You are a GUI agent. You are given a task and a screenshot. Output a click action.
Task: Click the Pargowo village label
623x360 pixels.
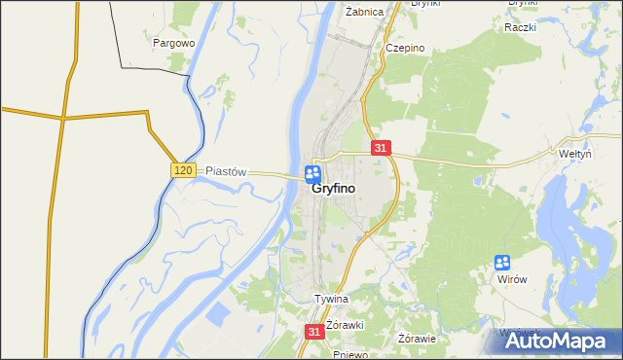[x=174, y=43]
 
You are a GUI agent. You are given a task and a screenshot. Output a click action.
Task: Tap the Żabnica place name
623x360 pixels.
[x=365, y=12]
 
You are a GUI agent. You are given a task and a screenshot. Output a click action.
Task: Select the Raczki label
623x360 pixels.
[x=521, y=26]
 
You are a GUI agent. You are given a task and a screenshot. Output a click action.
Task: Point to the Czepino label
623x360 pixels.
[x=403, y=48]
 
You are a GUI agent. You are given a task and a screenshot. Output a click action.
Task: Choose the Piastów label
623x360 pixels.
[x=228, y=170]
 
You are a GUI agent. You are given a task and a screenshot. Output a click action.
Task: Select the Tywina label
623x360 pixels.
[x=331, y=299]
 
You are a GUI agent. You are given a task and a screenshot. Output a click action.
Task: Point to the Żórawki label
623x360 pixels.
[x=345, y=324]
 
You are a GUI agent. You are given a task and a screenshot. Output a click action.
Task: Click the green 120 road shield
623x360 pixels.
[x=183, y=170]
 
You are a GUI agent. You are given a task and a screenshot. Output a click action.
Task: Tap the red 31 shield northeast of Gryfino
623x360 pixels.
[x=381, y=148]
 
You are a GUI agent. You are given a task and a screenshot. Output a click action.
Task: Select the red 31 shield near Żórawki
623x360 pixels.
[x=313, y=332]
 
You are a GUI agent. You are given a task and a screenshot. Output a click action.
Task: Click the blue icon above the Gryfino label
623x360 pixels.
[x=312, y=173]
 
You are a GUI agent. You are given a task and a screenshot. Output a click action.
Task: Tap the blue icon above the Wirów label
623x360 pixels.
[x=502, y=262]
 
